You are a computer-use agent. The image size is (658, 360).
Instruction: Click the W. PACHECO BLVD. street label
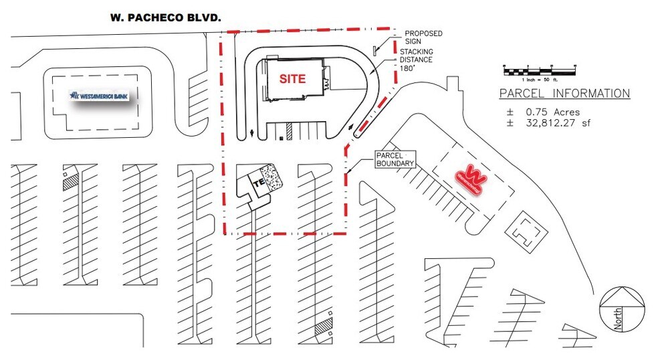165,19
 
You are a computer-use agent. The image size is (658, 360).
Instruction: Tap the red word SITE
292,78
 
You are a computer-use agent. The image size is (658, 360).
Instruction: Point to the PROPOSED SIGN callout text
423,37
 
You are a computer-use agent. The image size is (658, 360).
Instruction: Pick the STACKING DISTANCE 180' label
417,60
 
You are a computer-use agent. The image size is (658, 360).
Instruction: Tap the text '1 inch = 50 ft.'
540,80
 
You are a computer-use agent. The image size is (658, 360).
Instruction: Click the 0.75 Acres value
543,112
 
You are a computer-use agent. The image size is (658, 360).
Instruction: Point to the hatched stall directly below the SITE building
290,130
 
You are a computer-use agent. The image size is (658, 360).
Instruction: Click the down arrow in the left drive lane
250,132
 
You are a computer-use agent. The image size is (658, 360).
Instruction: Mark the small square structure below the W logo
524,232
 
